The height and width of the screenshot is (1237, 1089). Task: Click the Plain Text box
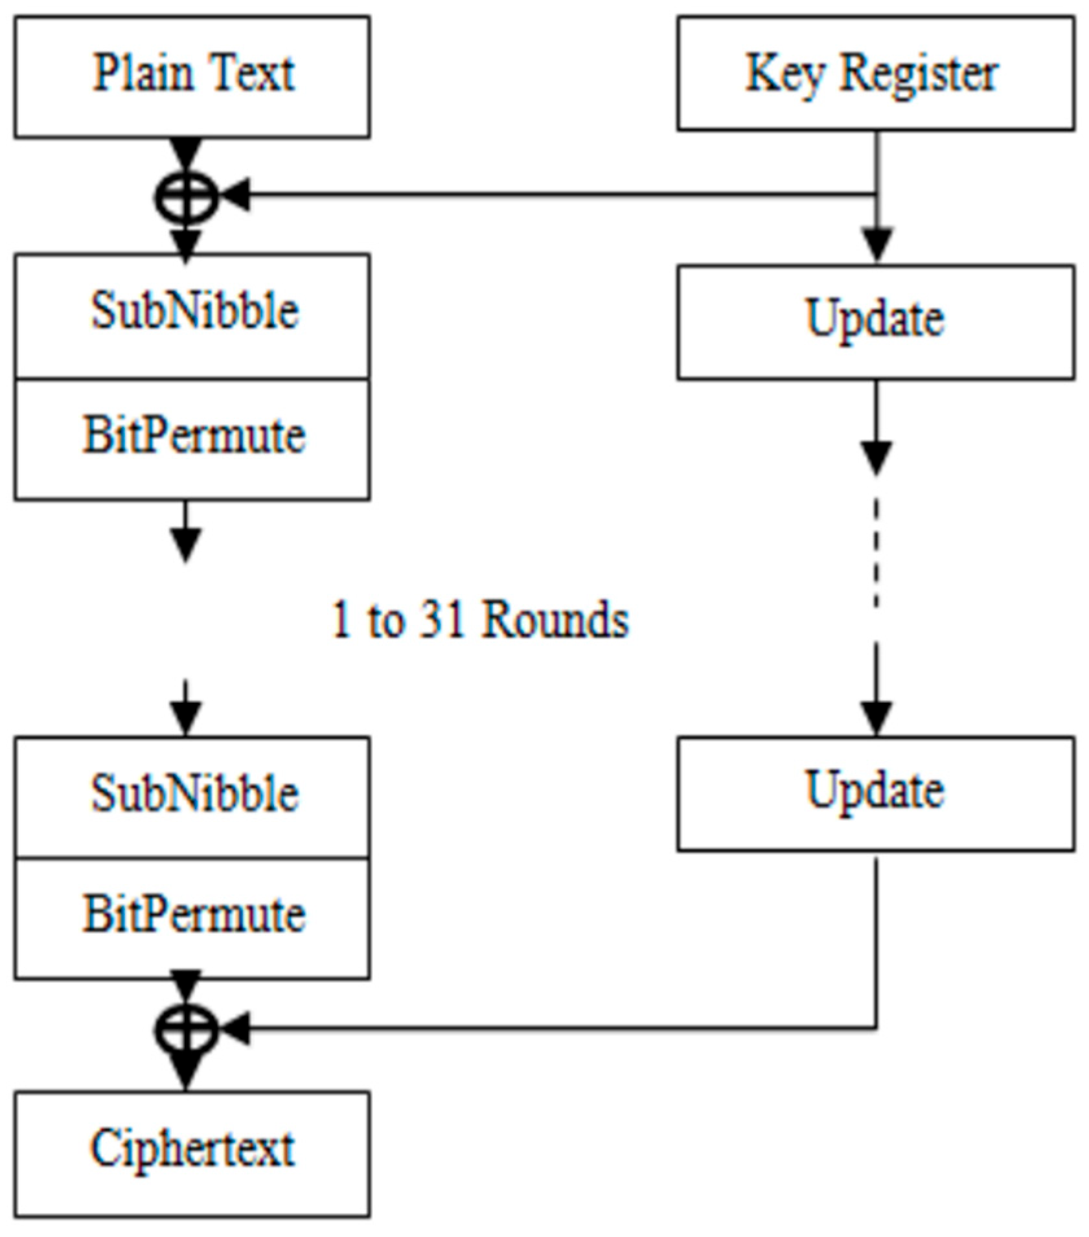[x=192, y=76]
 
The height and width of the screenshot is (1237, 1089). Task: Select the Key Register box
[x=875, y=74]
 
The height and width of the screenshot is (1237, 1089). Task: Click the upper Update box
[x=875, y=322]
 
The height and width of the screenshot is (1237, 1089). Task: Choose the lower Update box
[x=875, y=793]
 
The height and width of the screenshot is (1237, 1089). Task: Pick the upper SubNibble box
[x=192, y=315]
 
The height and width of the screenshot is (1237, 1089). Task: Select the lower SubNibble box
[x=192, y=797]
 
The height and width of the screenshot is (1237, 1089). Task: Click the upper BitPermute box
[x=192, y=439]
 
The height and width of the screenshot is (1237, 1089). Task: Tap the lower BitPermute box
[x=192, y=918]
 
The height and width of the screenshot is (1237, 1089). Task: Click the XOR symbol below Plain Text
[x=186, y=198]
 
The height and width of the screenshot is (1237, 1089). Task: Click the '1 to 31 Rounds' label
[x=479, y=620]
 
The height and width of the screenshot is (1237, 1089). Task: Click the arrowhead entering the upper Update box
[x=877, y=245]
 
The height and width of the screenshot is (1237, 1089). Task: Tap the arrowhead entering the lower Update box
[x=877, y=718]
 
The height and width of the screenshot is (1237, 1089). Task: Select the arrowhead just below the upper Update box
[x=877, y=457]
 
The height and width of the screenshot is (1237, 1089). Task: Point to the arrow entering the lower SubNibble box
[x=186, y=712]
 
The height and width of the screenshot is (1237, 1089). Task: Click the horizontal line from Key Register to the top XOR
[x=551, y=194]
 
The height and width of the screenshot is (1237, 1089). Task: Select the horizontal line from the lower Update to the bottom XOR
[x=551, y=1028]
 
